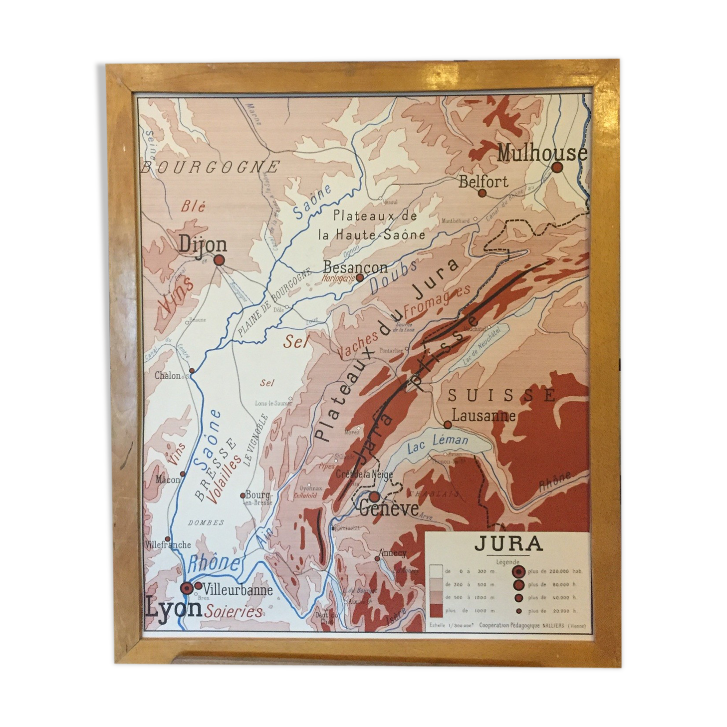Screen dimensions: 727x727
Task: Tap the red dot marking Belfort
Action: [x=482, y=193]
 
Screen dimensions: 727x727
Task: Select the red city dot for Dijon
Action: [x=219, y=260]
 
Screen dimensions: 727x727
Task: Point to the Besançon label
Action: [x=355, y=266]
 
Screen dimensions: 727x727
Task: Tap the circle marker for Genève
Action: [x=374, y=496]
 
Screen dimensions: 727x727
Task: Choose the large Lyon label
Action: [x=173, y=608]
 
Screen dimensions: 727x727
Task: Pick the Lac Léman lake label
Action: [x=438, y=443]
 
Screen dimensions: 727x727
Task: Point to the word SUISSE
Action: [x=502, y=395]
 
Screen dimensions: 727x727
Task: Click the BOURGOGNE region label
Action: [x=210, y=167]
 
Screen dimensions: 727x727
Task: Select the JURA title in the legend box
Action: [x=508, y=543]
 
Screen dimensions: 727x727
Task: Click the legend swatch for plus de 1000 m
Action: [x=436, y=610]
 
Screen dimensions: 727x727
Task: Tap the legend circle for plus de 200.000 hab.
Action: [x=518, y=571]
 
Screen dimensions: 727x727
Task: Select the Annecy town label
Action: [x=393, y=553]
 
